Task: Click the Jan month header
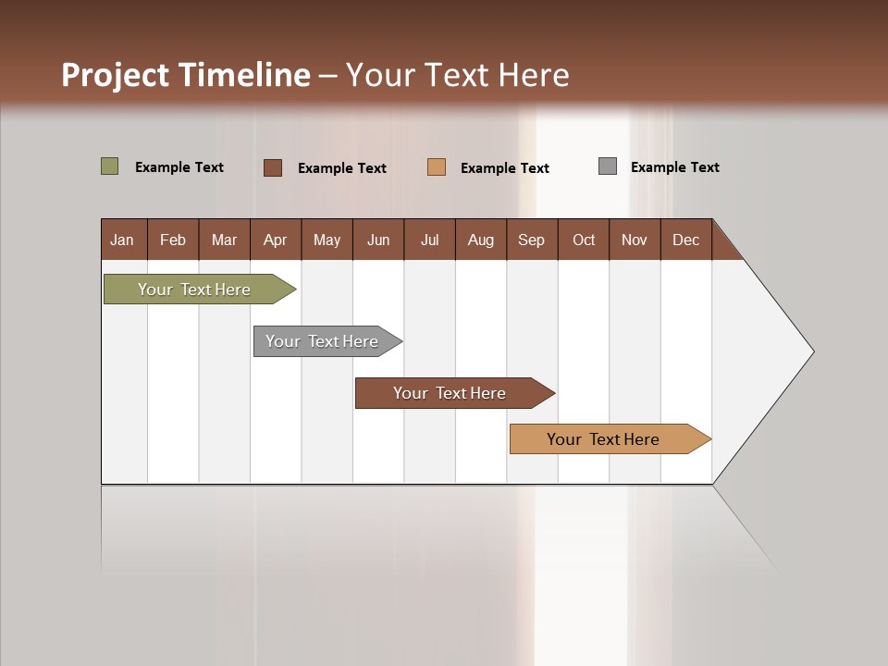coord(123,240)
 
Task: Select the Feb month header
coord(173,240)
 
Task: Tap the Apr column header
coord(276,240)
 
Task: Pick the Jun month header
coord(378,240)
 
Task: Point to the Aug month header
coord(481,240)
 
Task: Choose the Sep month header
coord(532,240)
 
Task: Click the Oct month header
coord(584,240)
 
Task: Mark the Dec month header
coord(686,240)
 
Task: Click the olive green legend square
coord(110,166)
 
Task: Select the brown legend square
coord(273,167)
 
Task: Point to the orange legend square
coord(437,167)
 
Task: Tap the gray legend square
coord(608,166)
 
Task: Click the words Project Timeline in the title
coord(186,75)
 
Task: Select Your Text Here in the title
coord(458,75)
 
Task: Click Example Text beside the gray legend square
coord(675,167)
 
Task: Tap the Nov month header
coord(635,240)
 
